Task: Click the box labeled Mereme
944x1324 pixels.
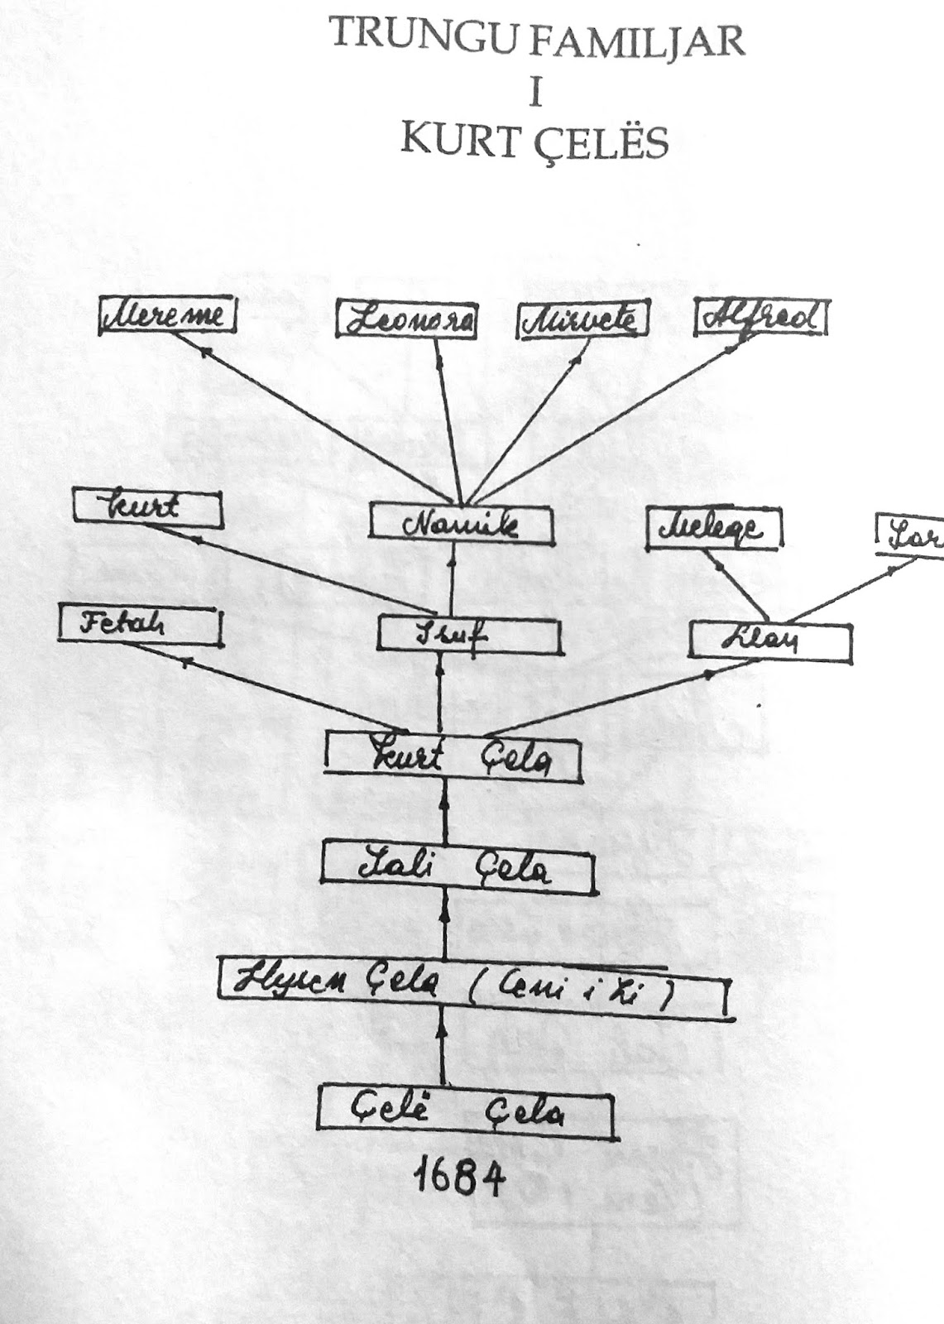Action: [167, 318]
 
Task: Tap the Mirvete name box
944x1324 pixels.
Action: [582, 321]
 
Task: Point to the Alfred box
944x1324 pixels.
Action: [760, 319]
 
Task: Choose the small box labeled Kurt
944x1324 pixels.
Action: [147, 507]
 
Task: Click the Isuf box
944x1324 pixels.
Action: [469, 634]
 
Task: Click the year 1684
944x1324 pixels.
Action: [458, 1178]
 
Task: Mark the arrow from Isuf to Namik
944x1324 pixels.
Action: [452, 582]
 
